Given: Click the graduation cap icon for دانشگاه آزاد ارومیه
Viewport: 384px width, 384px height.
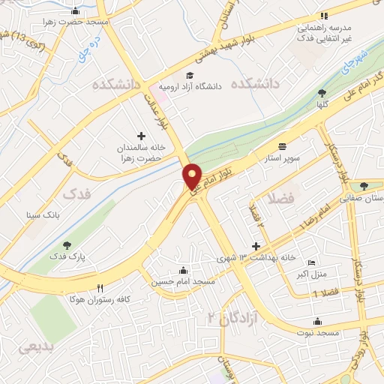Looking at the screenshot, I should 190,76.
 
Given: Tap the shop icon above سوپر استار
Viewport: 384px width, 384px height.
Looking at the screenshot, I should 282,146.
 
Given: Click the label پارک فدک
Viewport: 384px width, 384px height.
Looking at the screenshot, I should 69,256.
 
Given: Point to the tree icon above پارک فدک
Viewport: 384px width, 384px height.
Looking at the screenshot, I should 67,244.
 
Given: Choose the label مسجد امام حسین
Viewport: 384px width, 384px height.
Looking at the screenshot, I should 184,281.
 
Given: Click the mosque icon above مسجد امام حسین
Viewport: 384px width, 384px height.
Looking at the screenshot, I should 184,270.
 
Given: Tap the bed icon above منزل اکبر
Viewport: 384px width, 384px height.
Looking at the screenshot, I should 312,263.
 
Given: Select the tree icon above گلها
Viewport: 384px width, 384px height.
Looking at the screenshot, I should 322,93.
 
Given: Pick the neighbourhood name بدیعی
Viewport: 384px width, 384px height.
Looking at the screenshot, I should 35,346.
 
